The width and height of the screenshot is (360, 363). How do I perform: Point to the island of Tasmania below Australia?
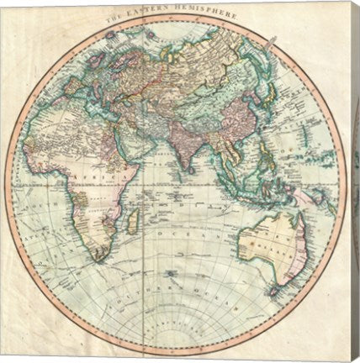pyautogui.click(x=273, y=291)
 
